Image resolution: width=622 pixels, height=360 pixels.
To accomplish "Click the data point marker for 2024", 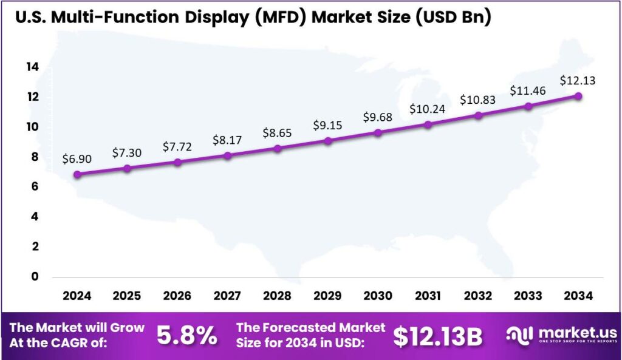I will (x=77, y=174).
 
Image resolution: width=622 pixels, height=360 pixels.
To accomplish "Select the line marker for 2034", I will (x=578, y=96).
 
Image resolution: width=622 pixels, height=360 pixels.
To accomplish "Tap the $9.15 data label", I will (x=327, y=125).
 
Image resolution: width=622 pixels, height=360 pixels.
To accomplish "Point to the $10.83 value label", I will (x=478, y=99).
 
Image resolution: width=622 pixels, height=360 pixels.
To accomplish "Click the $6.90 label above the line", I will (x=77, y=158).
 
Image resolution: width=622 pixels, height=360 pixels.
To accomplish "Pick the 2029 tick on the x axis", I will (x=327, y=296).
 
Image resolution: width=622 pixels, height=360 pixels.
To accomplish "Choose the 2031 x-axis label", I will (x=428, y=296).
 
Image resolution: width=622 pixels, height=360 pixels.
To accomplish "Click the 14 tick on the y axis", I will (x=32, y=67).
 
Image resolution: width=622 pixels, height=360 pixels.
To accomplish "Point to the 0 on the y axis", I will (x=35, y=276).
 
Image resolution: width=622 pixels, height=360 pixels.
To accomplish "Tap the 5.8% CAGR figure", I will (x=187, y=335).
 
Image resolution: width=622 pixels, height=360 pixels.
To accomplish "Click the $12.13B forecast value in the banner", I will (x=437, y=336).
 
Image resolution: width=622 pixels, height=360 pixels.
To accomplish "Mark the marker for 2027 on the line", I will (x=227, y=155).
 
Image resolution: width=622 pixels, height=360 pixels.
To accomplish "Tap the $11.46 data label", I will (x=528, y=90).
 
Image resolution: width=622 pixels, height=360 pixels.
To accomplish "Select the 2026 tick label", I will (x=177, y=296).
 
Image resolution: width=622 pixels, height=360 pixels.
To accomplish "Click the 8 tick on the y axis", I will (x=35, y=157).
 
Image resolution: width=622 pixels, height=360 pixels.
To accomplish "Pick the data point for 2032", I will (x=478, y=115).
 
